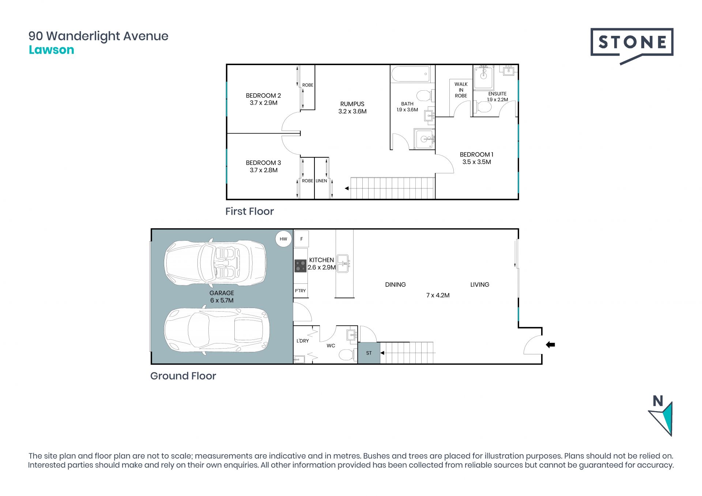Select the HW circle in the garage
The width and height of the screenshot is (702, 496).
[x=283, y=239]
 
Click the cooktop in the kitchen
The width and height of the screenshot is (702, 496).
[x=301, y=266]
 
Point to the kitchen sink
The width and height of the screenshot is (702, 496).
[x=343, y=263]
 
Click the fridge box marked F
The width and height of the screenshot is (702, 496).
[x=302, y=239]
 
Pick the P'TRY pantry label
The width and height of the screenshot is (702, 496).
[x=300, y=291]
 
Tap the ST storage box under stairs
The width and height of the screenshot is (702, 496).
[x=369, y=353]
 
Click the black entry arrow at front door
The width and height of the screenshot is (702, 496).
[x=550, y=345]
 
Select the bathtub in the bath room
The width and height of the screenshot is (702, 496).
[x=411, y=74]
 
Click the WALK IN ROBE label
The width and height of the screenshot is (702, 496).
[x=461, y=90]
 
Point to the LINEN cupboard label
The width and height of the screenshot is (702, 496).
[x=321, y=181]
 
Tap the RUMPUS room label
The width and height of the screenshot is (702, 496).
[x=352, y=104]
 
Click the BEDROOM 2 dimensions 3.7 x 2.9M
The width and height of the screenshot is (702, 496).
[x=264, y=103]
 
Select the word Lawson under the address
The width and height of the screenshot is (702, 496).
[x=52, y=50]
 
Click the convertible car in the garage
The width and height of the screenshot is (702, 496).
[x=216, y=262]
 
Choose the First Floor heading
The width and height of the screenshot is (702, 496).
[x=249, y=211]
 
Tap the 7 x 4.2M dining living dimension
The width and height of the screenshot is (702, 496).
[x=438, y=295]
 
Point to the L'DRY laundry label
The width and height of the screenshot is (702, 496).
[x=303, y=341]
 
